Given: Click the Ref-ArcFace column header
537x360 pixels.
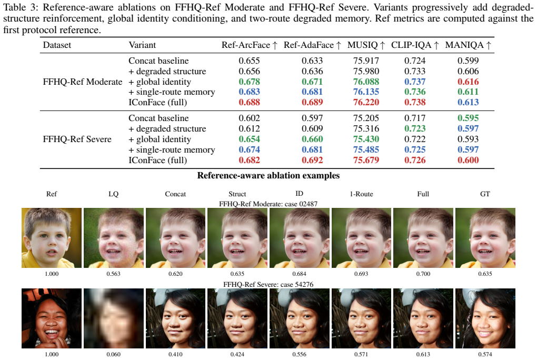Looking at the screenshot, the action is point(250,45).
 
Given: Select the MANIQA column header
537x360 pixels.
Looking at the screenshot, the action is point(468,45).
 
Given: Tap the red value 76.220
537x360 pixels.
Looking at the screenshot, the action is point(366,103).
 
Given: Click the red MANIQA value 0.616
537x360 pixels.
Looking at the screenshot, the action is point(468,82).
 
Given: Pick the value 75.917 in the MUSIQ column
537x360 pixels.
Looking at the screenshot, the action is point(366,61).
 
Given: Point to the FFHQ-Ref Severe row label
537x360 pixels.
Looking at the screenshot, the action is point(77,139).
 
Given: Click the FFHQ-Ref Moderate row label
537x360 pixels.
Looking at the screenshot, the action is point(83,82).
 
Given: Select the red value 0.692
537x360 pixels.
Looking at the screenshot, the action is point(312,161).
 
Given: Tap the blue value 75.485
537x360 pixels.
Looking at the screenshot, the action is point(366,149).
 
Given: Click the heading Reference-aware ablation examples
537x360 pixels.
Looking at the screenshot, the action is point(268,176).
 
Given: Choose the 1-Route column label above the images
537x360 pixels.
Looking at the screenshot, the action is point(361,194).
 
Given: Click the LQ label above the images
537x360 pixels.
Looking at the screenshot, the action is point(113,194).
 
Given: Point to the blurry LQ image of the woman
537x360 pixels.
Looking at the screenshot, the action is point(114,318).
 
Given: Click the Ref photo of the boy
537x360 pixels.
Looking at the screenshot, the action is point(52,238).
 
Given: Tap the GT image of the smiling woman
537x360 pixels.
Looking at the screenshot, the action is point(485,318).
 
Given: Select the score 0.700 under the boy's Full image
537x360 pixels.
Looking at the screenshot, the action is point(423,274).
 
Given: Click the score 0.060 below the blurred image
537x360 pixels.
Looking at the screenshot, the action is point(113,355).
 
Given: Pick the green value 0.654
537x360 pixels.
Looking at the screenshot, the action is point(250,139).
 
